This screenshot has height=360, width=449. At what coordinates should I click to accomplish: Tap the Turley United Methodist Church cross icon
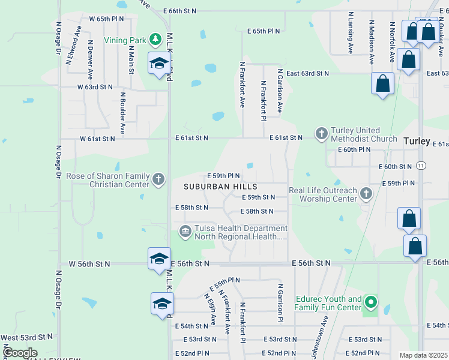pos(321,133)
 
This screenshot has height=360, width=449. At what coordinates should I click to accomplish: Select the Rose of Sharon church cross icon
pos(158,179)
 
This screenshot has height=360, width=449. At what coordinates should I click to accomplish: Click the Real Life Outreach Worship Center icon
pos(366,193)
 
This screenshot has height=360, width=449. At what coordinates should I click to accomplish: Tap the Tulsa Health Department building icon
pos(185,230)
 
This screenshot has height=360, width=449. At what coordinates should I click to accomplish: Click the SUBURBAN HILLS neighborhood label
pos(221,187)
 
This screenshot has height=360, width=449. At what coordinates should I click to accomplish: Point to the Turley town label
pos(417,142)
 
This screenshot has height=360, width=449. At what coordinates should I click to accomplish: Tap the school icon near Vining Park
pos(159,63)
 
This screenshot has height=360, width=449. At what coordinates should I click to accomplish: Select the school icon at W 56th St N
pos(159,259)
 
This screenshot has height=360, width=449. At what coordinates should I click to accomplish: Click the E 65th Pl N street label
pos(263,31)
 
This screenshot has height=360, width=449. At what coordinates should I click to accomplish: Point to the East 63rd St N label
pos(307,73)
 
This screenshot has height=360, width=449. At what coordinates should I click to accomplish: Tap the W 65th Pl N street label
pos(106,19)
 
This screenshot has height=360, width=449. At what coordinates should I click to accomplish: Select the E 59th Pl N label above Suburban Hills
pos(232,176)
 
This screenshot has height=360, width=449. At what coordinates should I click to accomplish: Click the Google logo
pos(20,353)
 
